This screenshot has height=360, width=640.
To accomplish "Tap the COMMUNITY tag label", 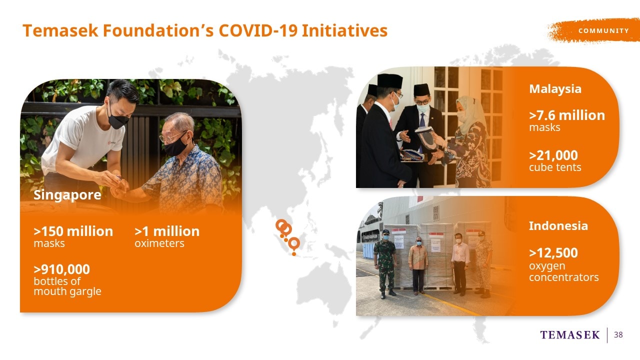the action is pyautogui.click(x=603, y=30).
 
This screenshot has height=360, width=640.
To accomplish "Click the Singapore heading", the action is pyautogui.click(x=67, y=195).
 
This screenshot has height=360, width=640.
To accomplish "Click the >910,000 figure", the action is pyautogui.click(x=61, y=269).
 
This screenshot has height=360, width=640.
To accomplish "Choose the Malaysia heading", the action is pyautogui.click(x=555, y=89).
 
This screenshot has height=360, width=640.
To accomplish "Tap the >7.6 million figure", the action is pyautogui.click(x=567, y=115).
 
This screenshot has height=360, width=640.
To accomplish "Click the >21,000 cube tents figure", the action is pyautogui.click(x=555, y=161).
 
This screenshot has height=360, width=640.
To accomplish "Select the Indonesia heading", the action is pyautogui.click(x=558, y=226).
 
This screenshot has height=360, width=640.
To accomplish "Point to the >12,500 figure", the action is pyautogui.click(x=553, y=253).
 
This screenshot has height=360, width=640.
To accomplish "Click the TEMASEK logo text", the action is pyautogui.click(x=570, y=335).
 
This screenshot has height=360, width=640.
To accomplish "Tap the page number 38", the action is pyautogui.click(x=618, y=334).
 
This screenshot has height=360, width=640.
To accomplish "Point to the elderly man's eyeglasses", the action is pyautogui.click(x=172, y=137).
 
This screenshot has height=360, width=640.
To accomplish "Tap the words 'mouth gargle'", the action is pyautogui.click(x=67, y=291).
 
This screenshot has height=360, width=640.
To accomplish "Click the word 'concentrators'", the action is pyautogui.click(x=563, y=277).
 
